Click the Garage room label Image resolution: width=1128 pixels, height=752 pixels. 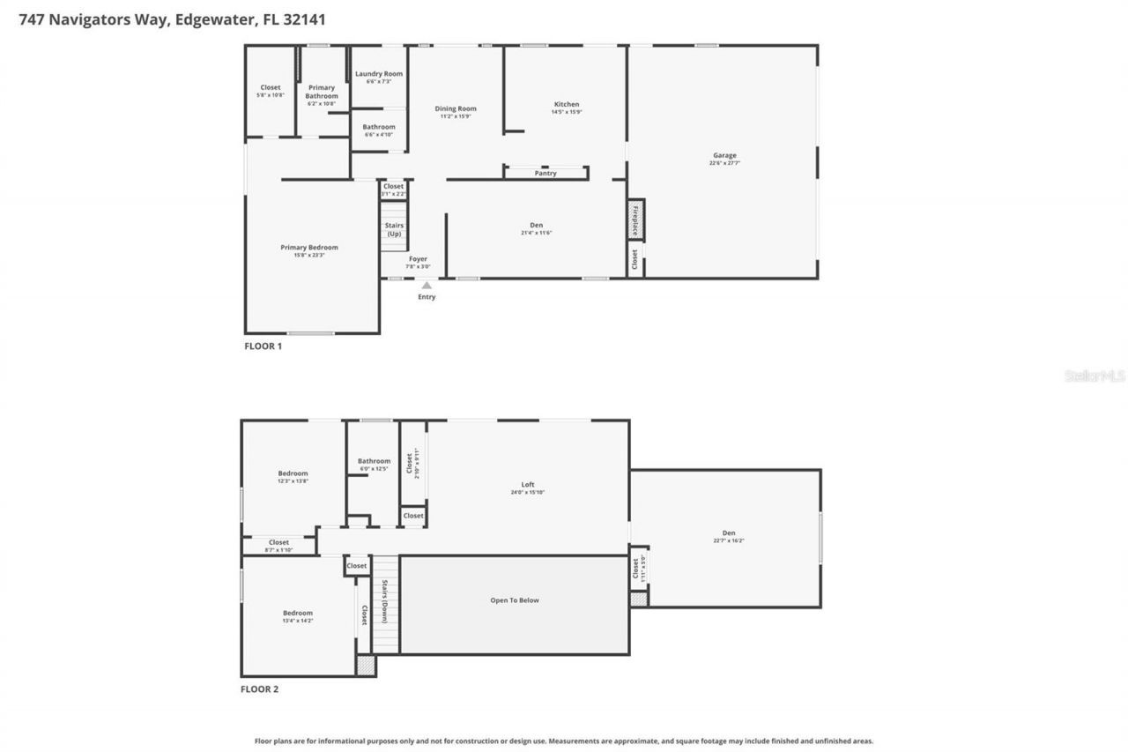(724, 156)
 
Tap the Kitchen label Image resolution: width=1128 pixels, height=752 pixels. (566, 105)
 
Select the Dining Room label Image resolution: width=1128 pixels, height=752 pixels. (456, 109)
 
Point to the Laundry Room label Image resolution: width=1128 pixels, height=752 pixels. (378, 74)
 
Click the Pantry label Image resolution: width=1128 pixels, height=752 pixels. (545, 174)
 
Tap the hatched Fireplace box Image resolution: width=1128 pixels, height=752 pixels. (634, 220)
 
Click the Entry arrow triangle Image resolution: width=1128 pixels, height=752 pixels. (427, 286)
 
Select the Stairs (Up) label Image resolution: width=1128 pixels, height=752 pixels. (394, 229)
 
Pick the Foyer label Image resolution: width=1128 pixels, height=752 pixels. (418, 259)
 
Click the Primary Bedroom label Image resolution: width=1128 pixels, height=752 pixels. (309, 248)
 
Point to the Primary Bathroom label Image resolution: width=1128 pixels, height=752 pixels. (321, 92)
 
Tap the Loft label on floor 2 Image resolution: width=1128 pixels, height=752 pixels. (528, 485)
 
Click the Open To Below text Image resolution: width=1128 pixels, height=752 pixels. (515, 600)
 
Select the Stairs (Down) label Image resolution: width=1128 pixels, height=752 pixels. (385, 601)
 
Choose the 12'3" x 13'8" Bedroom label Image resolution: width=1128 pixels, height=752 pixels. (293, 473)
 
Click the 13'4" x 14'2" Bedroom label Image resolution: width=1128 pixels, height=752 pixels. (297, 614)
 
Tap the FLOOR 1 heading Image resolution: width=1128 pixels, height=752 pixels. (263, 346)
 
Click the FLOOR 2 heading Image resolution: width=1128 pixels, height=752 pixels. (259, 689)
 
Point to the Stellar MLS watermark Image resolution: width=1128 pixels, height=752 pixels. (1095, 376)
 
